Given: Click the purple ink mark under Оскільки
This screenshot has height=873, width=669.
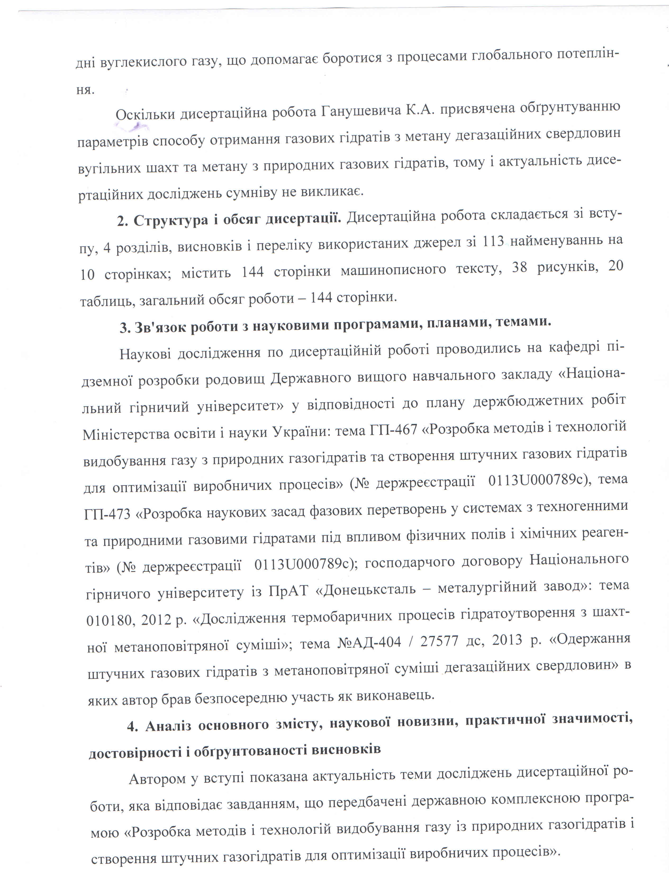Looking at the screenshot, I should point(132,128).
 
